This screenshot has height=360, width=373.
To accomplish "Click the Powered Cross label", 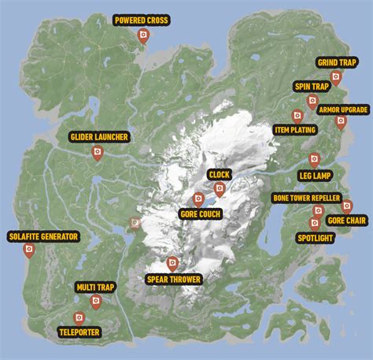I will point(142,20).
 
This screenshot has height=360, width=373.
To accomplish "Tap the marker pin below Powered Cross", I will point(142,35).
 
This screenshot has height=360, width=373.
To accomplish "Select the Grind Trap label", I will point(337,62).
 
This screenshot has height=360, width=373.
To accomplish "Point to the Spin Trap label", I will point(312,86).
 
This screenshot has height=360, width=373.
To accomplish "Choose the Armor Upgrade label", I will point(343,109).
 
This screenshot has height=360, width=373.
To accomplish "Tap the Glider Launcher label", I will point(98,138).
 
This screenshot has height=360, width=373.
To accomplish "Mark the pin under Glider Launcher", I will point(98,152).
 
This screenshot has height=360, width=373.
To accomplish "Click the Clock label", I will point(219,175).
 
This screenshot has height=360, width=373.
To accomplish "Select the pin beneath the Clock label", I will point(219,188).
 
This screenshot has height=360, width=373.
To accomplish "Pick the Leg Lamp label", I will point(315,175).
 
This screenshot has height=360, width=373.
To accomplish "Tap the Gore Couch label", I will point(200,214).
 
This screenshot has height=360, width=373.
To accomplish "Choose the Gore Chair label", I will point(347,221).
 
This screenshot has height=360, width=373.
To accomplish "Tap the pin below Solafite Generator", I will point(29,251).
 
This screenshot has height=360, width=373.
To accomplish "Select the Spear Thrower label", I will point(174,279).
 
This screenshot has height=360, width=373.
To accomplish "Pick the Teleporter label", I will point(79,332).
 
